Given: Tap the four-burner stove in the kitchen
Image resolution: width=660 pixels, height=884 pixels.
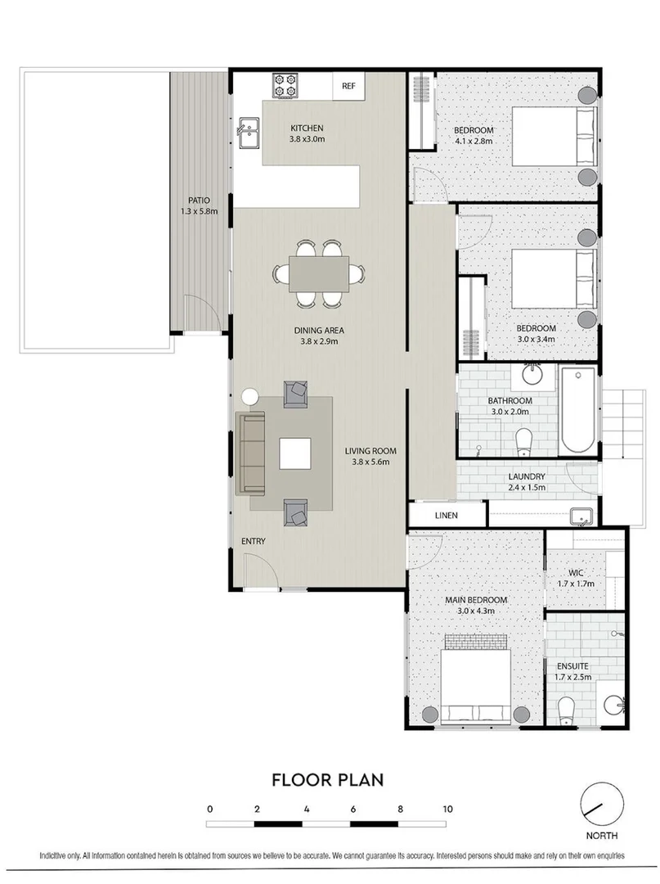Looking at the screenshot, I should click(x=285, y=84).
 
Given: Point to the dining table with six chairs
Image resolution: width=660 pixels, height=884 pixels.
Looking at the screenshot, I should click(x=319, y=273).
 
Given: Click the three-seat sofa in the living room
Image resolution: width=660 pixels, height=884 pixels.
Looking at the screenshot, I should click(x=251, y=453).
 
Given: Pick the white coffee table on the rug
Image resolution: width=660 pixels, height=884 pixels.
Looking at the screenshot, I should click(x=294, y=453).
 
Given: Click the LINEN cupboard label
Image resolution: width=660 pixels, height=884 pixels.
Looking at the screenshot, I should click(x=447, y=516).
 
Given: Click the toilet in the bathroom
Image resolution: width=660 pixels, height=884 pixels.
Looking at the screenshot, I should click(x=523, y=443).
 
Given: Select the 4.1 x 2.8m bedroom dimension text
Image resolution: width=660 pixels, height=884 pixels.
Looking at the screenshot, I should click(x=474, y=141).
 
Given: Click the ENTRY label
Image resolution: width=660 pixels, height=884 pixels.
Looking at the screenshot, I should click(x=252, y=542).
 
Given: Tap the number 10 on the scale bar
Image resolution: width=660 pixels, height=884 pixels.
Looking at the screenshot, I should click(x=447, y=809).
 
